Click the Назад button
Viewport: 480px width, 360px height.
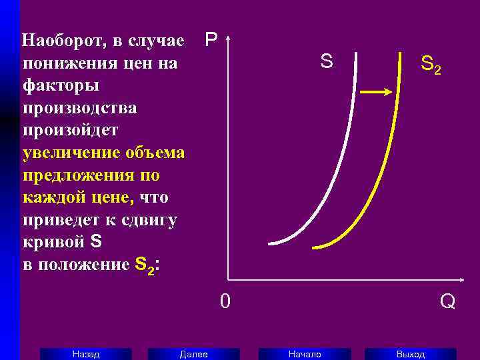click(86, 354)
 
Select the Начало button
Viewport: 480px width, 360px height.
click(304, 354)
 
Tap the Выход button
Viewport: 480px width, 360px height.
click(410, 354)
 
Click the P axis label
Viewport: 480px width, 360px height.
click(211, 40)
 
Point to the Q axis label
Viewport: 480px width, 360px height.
click(447, 302)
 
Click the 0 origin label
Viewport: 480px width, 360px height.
click(226, 302)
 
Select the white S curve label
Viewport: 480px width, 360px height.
click(326, 62)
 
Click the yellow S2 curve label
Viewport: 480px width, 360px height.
click(430, 65)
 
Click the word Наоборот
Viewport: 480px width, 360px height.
click(62, 42)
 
